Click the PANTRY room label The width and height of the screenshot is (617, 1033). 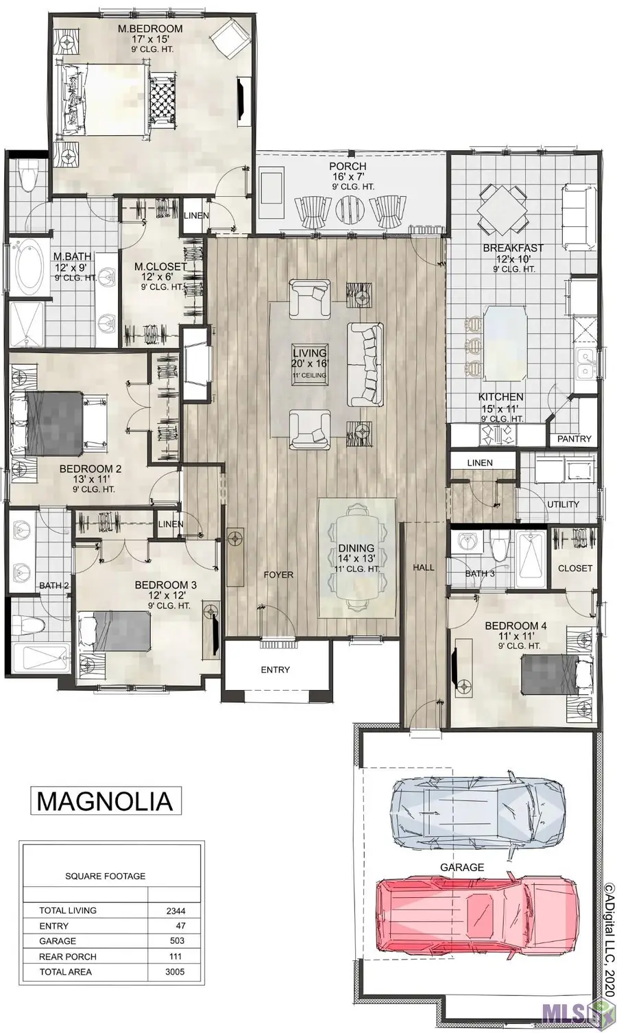(574, 438)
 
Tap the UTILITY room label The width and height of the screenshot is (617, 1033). (563, 505)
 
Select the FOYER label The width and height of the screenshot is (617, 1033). (278, 575)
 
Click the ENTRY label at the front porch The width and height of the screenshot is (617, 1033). (275, 669)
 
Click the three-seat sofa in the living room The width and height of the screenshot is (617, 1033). (365, 364)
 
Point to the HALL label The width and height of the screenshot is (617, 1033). (423, 567)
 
